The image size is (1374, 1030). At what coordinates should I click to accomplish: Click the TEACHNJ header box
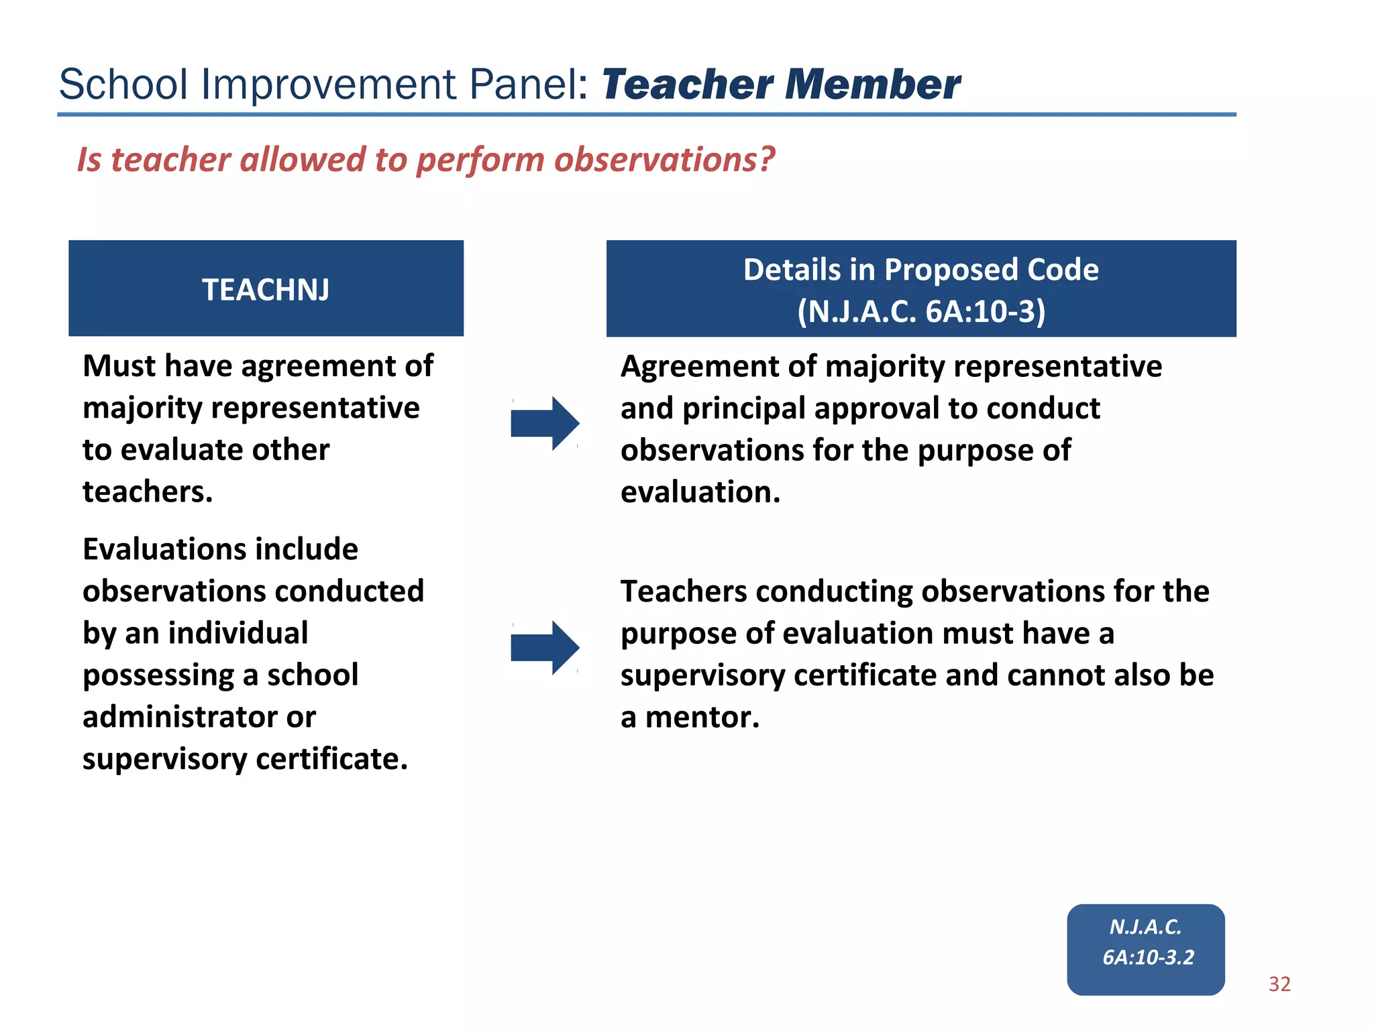pyautogui.click(x=266, y=288)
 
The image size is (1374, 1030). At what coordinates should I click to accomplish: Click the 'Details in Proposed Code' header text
pyautogui.click(x=920, y=270)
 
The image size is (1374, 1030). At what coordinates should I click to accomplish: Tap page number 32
pyautogui.click(x=1279, y=984)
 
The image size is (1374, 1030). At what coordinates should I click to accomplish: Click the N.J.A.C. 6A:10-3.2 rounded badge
pyautogui.click(x=1145, y=949)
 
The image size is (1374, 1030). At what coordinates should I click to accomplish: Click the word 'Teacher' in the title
pyautogui.click(x=688, y=85)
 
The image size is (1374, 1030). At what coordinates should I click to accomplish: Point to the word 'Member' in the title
pyautogui.click(x=872, y=85)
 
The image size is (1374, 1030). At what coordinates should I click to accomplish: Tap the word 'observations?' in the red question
pyautogui.click(x=663, y=161)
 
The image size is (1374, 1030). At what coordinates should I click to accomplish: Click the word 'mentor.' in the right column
pyautogui.click(x=702, y=718)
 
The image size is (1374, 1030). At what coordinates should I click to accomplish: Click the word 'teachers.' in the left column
pyautogui.click(x=148, y=492)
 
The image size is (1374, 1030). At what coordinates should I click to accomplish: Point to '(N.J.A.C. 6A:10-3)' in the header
pyautogui.click(x=920, y=312)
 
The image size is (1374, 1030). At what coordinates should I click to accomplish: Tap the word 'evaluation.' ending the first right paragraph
pyautogui.click(x=700, y=492)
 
